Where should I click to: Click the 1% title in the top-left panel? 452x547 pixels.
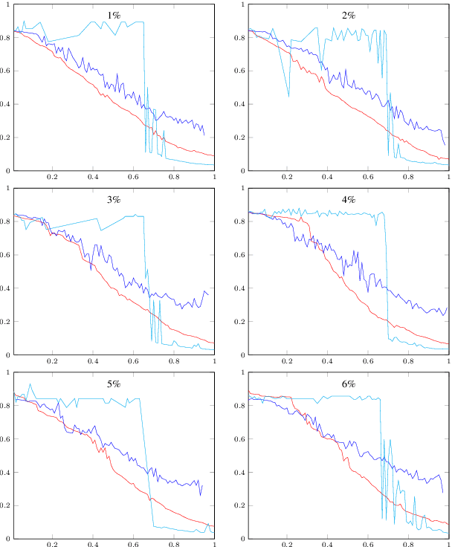(x=114, y=15)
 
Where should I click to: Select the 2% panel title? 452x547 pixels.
(x=349, y=15)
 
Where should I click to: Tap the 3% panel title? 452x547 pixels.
(x=114, y=200)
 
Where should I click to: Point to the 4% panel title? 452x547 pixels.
(x=349, y=200)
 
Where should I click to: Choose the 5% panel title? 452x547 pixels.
(x=114, y=384)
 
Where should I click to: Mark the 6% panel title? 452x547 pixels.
(x=349, y=384)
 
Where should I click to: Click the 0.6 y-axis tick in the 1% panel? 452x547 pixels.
(x=6, y=71)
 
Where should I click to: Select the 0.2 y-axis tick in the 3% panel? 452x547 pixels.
(x=6, y=322)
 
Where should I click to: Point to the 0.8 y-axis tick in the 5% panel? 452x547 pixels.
(x=6, y=407)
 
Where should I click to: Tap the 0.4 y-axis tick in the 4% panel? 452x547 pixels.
(x=241, y=288)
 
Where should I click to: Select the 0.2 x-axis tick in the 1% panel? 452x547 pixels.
(x=53, y=178)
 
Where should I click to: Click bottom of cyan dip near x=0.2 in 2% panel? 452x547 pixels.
(x=289, y=97)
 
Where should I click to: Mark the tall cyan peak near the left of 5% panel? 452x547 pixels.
(x=30, y=384)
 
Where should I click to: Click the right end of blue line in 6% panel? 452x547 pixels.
(x=443, y=492)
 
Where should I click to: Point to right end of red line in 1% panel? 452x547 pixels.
(x=214, y=156)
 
